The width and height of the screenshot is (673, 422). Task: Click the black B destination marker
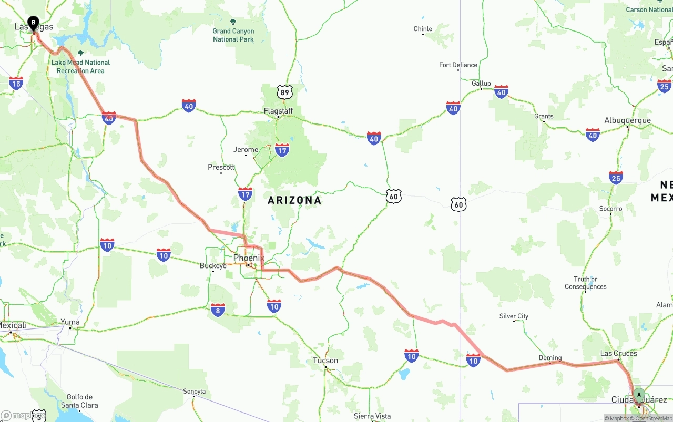tap(33, 23)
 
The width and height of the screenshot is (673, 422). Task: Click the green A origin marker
tap(639, 395)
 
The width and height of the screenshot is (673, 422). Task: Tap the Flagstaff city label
tap(278, 111)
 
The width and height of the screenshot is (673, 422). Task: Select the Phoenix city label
tap(249, 258)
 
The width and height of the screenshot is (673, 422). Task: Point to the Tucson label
tap(325, 361)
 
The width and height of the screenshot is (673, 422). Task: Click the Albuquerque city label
tap(627, 120)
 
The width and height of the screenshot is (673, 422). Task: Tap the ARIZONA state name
tap(294, 200)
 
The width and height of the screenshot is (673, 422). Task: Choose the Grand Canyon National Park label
tap(233, 35)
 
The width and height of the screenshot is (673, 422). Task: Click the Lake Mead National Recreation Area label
tap(80, 66)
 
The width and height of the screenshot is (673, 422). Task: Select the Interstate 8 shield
tap(218, 310)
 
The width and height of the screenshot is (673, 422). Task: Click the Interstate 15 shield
tap(16, 83)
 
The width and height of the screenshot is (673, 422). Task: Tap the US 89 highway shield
tap(284, 92)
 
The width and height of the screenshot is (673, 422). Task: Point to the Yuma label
tap(70, 322)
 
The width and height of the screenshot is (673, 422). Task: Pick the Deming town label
tap(550, 358)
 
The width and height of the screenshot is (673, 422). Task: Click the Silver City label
tap(514, 316)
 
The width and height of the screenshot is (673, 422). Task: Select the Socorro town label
tap(610, 209)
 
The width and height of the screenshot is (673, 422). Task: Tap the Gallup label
tap(481, 83)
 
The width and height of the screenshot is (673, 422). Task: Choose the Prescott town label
tap(221, 167)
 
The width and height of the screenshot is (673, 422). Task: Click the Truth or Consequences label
tap(585, 283)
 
